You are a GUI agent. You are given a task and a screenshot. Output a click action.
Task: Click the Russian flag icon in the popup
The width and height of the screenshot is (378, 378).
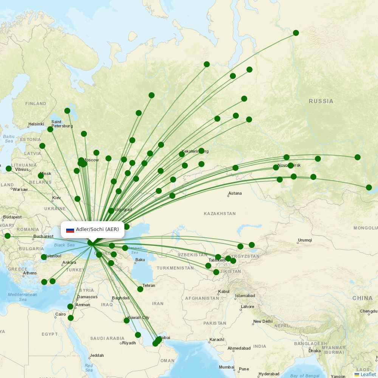pyautogui.click(x=70, y=230)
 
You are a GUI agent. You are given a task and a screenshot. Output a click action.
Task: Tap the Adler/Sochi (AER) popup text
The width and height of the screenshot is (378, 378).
pyautogui.click(x=97, y=229)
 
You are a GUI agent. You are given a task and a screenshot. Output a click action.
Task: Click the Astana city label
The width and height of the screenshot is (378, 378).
pyautogui.click(x=235, y=193)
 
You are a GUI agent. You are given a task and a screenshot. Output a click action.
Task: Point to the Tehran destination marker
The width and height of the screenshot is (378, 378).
pyautogui.click(x=140, y=289)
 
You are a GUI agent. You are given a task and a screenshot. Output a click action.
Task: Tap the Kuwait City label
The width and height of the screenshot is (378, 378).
pyautogui.click(x=138, y=318)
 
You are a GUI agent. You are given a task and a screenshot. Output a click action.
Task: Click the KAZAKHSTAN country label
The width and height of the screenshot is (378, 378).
pyautogui.click(x=219, y=214)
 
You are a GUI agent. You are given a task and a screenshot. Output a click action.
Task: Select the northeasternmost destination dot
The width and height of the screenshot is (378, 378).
pyautogui.click(x=296, y=33)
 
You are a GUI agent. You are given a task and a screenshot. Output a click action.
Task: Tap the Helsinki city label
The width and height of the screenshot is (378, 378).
pyautogui.click(x=36, y=124)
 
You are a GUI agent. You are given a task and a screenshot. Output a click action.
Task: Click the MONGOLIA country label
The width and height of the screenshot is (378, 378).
pyautogui.click(x=366, y=228)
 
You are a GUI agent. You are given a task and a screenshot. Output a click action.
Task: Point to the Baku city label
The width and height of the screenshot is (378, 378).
pyautogui.click(x=140, y=260)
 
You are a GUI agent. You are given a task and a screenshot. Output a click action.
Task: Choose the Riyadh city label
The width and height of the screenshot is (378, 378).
pyautogui.click(x=129, y=343)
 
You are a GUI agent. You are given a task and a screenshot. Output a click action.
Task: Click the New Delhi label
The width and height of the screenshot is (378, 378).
pyautogui.click(x=263, y=321)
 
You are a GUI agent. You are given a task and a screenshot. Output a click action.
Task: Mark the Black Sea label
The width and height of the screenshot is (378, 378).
pyautogui.click(x=64, y=245)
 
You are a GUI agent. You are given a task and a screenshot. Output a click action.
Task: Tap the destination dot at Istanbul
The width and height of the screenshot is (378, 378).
pyautogui.click(x=44, y=257)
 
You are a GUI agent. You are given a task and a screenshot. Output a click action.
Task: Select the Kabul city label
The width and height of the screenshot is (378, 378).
pyautogui.click(x=224, y=291)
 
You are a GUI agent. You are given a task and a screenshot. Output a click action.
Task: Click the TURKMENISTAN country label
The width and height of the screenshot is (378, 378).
pyautogui.click(x=175, y=268)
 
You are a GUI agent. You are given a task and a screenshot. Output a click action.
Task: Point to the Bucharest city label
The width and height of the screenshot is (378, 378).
pyautogui.click(x=43, y=236)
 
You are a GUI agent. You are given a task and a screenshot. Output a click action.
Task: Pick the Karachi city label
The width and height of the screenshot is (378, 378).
pyautogui.click(x=217, y=339)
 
